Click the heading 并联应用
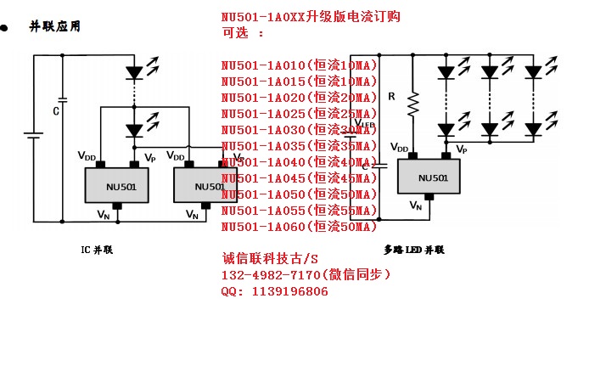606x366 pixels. [56, 26]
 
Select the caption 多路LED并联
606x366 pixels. [414, 251]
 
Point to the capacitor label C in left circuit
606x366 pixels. [56, 111]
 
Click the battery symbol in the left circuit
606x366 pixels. [33, 136]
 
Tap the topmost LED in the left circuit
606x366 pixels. [133, 72]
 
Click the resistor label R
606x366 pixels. [391, 97]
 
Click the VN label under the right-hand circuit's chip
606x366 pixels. [415, 205]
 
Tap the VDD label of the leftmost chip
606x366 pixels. [87, 156]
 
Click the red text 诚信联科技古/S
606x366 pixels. [270, 259]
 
